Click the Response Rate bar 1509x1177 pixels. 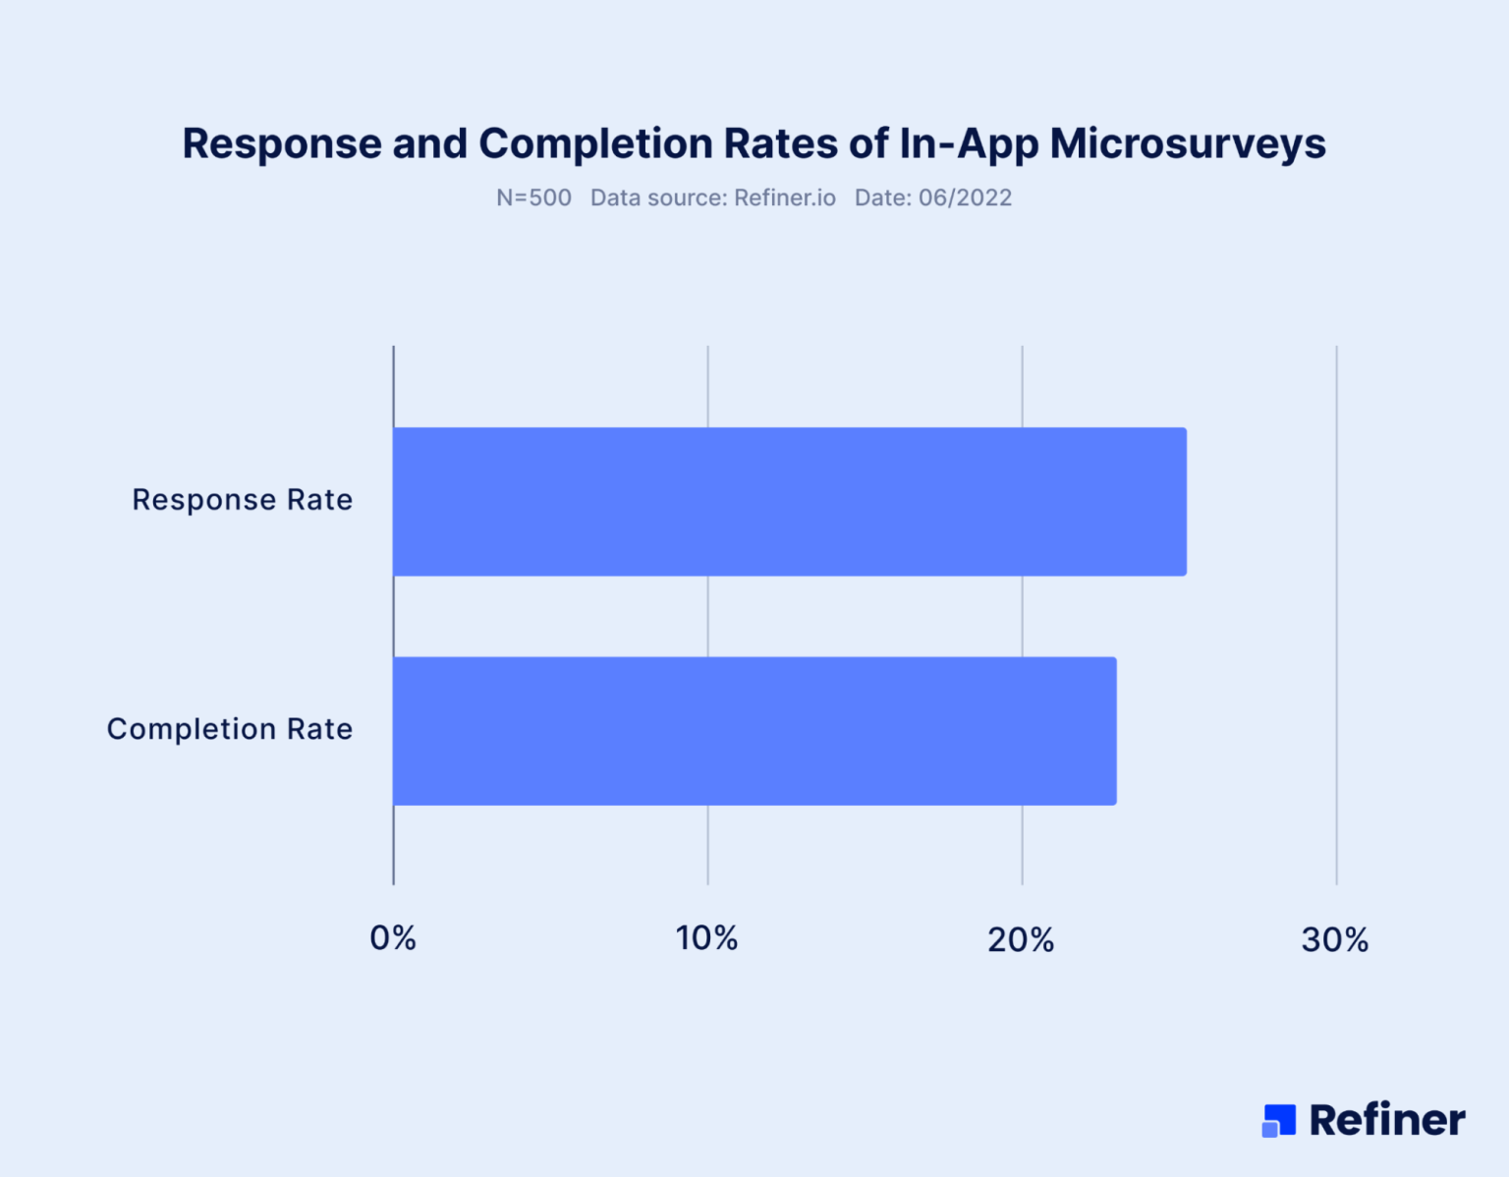click(x=789, y=501)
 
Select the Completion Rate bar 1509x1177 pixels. click(x=754, y=731)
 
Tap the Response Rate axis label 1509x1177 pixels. click(x=242, y=500)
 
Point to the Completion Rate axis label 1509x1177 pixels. click(x=229, y=729)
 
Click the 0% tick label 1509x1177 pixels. click(x=393, y=939)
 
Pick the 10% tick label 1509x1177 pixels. click(x=706, y=939)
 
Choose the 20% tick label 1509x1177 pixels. click(x=1021, y=940)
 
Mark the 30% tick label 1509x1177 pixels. click(x=1335, y=940)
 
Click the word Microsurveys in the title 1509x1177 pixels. click(x=1188, y=143)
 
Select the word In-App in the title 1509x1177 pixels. click(x=969, y=143)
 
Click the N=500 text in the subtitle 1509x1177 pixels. click(x=533, y=197)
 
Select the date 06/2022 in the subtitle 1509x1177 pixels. click(x=965, y=197)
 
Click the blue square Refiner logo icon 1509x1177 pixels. click(x=1278, y=1120)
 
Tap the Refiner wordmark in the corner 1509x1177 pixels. click(x=1387, y=1120)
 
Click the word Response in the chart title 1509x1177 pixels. click(x=282, y=143)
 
